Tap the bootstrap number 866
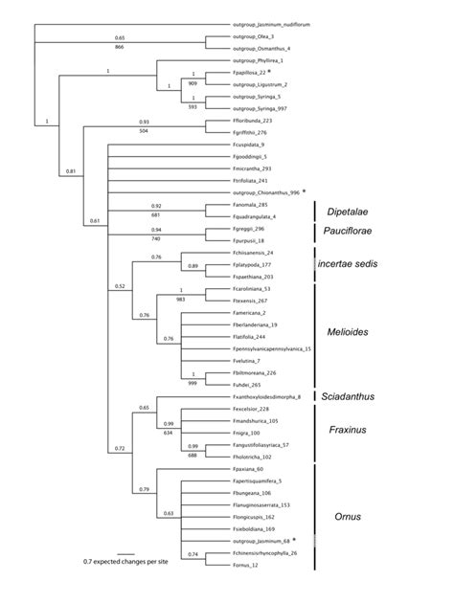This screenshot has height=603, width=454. pyautogui.click(x=119, y=46)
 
